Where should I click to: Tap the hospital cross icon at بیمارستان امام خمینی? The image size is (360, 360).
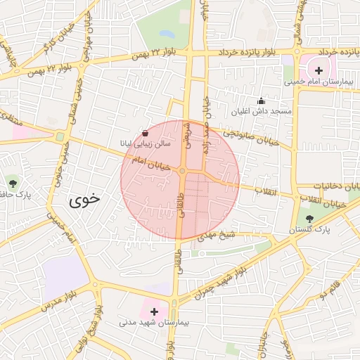coord(319,70)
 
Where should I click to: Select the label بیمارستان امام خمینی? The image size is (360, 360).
coord(317,82)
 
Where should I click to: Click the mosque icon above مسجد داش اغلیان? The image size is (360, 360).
coord(262,101)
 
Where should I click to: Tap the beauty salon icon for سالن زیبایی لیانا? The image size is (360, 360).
coord(145,132)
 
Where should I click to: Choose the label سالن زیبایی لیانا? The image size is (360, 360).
coord(143,143)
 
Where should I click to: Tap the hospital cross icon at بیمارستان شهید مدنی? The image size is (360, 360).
coord(154,310)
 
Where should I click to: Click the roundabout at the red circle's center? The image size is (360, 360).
coord(182,171)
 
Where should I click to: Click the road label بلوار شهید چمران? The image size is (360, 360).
coord(221,280)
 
